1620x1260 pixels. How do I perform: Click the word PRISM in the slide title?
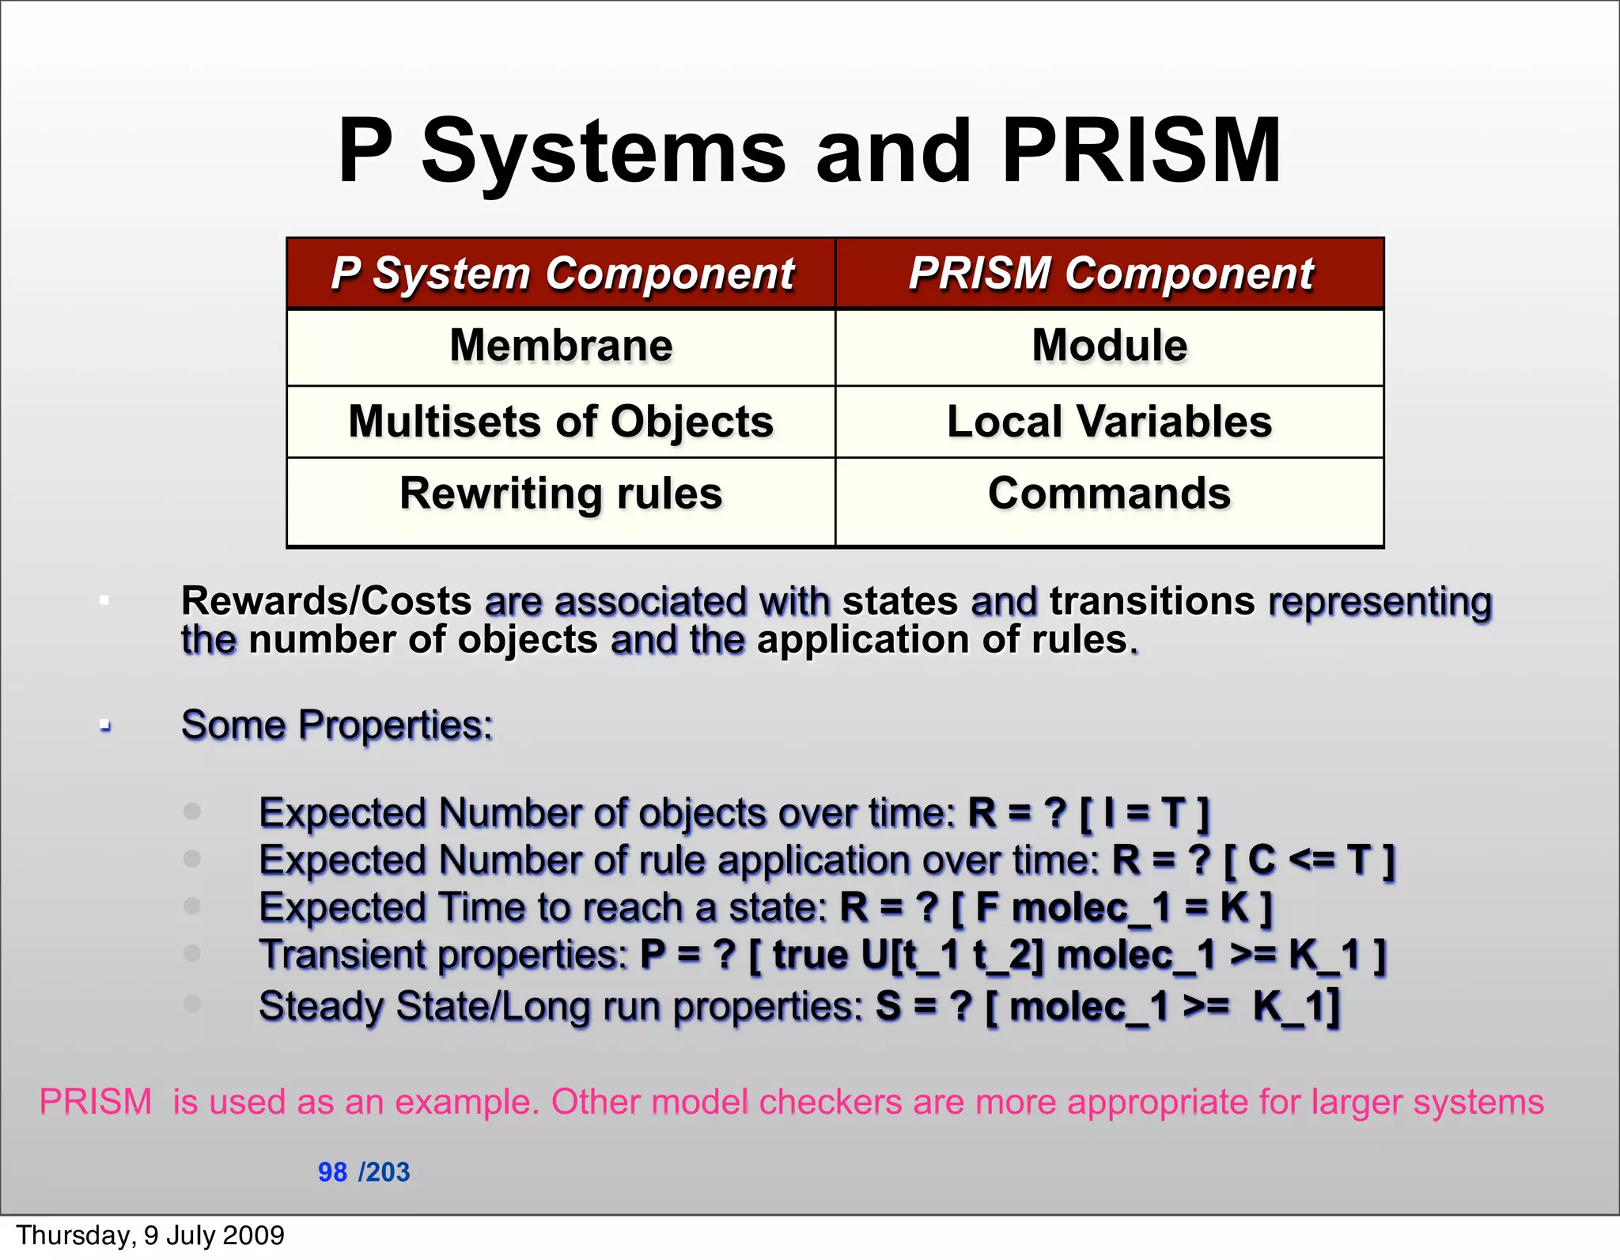click(x=1141, y=150)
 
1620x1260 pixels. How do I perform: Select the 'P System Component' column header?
click(x=562, y=274)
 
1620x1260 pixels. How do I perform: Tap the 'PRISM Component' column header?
click(x=1110, y=274)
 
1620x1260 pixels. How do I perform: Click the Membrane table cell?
click(x=561, y=346)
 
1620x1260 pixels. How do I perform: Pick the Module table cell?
click(x=1109, y=346)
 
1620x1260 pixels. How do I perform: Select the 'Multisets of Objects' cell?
click(x=561, y=421)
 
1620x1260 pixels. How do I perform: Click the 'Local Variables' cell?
click(x=1109, y=421)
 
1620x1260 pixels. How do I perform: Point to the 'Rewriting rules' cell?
click(x=561, y=494)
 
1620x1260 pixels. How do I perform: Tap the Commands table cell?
click(x=1109, y=494)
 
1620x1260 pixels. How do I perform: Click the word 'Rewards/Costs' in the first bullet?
click(x=326, y=600)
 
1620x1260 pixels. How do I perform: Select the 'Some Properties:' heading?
click(x=337, y=725)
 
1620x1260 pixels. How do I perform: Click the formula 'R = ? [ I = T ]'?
click(x=1089, y=813)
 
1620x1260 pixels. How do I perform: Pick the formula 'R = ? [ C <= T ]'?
click(x=1254, y=860)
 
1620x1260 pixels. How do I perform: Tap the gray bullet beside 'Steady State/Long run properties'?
click(x=192, y=1003)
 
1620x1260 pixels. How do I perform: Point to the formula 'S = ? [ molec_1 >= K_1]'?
click(x=1107, y=1007)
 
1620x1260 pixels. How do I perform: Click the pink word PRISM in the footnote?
click(x=96, y=1102)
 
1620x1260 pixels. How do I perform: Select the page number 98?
click(x=332, y=1172)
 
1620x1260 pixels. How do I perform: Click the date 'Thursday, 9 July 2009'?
click(x=150, y=1235)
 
